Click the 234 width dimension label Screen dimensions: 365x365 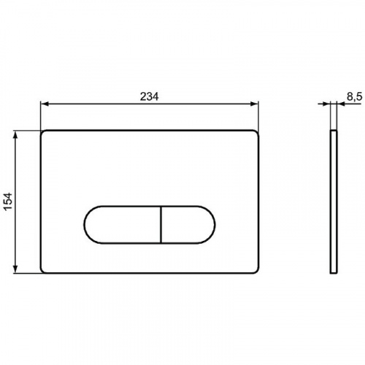point(149,96)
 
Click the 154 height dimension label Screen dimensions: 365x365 point(7,201)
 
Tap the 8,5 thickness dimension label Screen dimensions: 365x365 point(355,96)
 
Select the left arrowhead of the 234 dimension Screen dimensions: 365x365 point(45,104)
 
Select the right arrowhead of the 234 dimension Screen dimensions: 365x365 point(254,104)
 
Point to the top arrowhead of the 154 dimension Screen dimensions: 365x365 point(15,135)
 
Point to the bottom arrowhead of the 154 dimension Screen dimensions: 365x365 point(15,269)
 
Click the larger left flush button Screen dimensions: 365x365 point(123,225)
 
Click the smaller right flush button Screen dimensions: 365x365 point(188,225)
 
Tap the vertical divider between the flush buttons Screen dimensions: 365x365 point(161,225)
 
